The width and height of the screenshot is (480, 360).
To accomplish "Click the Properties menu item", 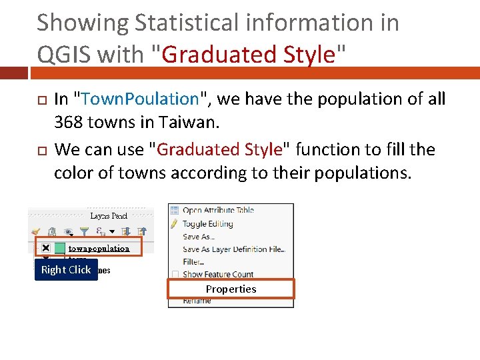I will pos(231,289).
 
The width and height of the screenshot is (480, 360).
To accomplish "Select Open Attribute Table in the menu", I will pos(218,211).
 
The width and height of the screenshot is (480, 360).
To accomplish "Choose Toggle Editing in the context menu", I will pos(207,224).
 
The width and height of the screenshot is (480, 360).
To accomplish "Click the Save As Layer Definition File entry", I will pos(233,249).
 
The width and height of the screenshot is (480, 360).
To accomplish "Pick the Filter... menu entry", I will pos(193,261).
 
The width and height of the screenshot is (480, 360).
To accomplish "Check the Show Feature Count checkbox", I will pos(175,274).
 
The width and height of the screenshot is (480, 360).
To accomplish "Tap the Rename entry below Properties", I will pos(197,301).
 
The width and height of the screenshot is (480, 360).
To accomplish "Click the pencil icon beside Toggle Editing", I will pos(175,224).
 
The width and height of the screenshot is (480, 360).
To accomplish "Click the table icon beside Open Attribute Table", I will pos(175,211).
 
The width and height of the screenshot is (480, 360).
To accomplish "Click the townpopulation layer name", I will pos(99,248).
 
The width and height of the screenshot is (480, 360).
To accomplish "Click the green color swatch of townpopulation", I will pos(59,248).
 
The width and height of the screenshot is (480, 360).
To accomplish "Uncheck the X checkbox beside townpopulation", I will pos(45,248).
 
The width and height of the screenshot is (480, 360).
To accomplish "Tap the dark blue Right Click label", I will pos(66,269).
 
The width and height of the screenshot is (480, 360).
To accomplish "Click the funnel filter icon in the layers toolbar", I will pos(84,231).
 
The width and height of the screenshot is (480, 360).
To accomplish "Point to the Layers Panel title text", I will pos(109,216).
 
